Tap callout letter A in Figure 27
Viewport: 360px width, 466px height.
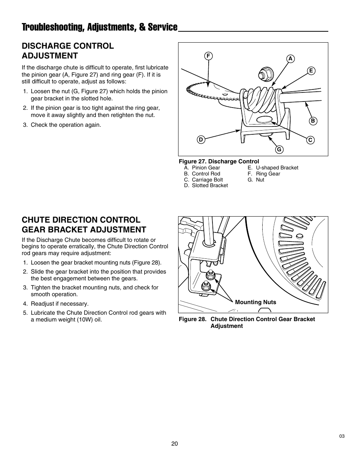click(290, 58)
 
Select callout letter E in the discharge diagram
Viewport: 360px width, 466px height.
click(311, 71)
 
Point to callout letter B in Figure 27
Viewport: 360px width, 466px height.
click(313, 121)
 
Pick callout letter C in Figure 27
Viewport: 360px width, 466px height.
click(310, 140)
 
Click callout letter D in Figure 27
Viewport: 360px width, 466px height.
click(201, 140)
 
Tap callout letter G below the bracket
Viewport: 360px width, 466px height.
click(279, 149)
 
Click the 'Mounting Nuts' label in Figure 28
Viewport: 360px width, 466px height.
click(255, 302)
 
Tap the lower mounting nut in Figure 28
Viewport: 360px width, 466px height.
click(206, 286)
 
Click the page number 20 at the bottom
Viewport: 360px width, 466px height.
click(174, 444)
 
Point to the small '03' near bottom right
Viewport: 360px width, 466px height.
click(342, 436)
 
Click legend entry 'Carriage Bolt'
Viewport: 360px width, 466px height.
click(207, 180)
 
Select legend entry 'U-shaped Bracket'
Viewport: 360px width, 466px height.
click(277, 168)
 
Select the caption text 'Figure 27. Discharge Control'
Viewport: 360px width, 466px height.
click(219, 161)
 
